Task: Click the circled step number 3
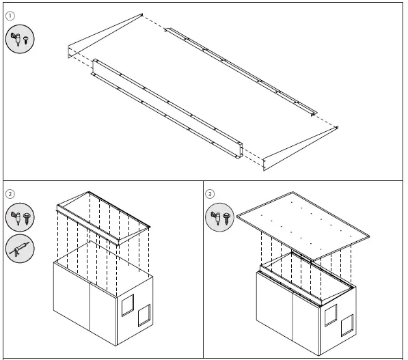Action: tap(210, 193)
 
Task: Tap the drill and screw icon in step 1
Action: tap(20, 39)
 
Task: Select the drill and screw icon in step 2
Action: tap(20, 218)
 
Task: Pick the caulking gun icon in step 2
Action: tap(20, 249)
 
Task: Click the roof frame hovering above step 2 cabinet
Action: tap(103, 219)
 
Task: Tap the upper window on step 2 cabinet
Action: tap(128, 305)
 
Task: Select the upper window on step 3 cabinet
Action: tap(331, 314)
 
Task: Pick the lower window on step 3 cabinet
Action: tap(346, 327)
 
